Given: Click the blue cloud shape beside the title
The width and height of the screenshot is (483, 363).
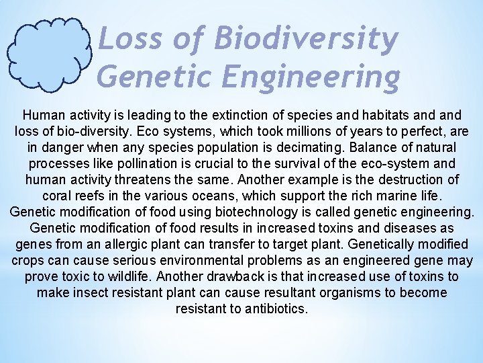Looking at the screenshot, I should (49, 54).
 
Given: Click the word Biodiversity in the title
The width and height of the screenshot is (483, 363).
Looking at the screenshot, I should (306, 39).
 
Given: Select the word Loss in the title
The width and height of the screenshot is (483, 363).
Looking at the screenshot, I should (128, 39).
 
